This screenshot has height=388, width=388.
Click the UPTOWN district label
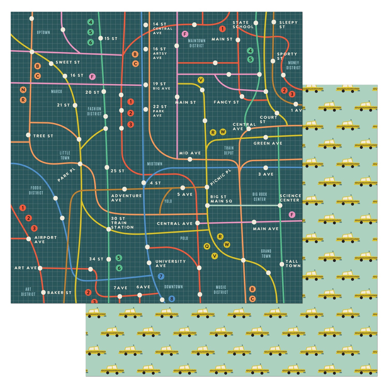pyautogui.click(x=43, y=32)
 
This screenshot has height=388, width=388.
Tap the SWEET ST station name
pyautogui.click(x=68, y=62)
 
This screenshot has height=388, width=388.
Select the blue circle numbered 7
pyautogui.click(x=161, y=276)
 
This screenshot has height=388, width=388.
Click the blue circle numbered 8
pyautogui.click(x=171, y=299)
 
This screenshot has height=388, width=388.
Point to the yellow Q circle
pyautogui.click(x=207, y=246)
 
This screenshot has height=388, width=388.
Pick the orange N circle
pyautogui.click(x=23, y=90)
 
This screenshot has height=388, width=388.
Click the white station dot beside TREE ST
pyautogui.click(x=28, y=135)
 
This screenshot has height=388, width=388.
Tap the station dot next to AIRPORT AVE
pyautogui.click(x=29, y=239)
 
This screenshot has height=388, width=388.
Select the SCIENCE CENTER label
pyautogui.click(x=290, y=198)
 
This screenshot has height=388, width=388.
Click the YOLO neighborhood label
pyautogui.click(x=168, y=201)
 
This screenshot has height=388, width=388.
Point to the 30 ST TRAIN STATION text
pyautogui.click(x=122, y=223)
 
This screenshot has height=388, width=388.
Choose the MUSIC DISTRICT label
pyautogui.click(x=221, y=290)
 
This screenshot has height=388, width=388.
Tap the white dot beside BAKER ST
pyautogui.click(x=43, y=293)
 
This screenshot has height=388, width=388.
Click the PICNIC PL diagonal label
pyautogui.click(x=220, y=177)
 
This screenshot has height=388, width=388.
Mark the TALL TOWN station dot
pyautogui.click(x=282, y=264)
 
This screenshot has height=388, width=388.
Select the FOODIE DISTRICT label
pyautogui.click(x=36, y=190)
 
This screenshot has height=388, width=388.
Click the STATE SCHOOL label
pyautogui.click(x=243, y=25)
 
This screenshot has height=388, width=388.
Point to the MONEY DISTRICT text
pyautogui.click(x=293, y=65)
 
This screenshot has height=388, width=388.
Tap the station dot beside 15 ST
pyautogui.click(x=101, y=38)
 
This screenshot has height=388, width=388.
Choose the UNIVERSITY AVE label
pyautogui.click(x=170, y=263)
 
